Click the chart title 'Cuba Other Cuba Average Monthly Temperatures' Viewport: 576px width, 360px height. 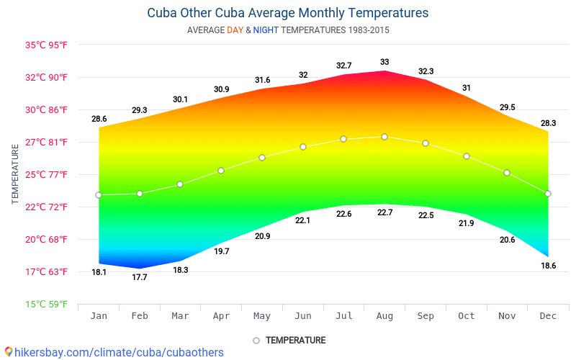[287, 13]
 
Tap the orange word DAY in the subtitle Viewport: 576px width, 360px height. [235, 30]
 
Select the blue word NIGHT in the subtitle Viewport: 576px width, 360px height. [266, 30]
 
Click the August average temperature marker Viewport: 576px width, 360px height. [384, 137]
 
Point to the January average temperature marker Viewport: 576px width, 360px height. [99, 195]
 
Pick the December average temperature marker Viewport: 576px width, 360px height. [548, 193]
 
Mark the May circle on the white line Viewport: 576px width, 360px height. [262, 157]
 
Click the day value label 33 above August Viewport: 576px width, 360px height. [384, 62]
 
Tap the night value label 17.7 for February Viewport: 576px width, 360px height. [139, 277]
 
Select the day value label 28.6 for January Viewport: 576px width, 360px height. [99, 119]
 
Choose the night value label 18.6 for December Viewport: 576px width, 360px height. [548, 266]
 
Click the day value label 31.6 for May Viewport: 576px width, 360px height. [262, 80]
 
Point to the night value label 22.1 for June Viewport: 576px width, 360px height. [302, 220]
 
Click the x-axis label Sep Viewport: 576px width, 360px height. [426, 316]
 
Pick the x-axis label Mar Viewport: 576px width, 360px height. [180, 316]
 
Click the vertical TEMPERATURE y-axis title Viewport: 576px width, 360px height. [15, 174]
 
